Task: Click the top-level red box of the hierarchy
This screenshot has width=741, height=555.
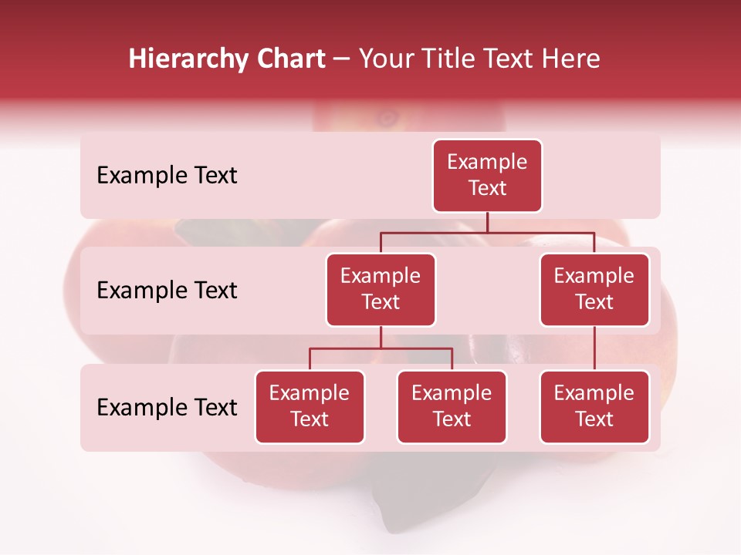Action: (x=487, y=176)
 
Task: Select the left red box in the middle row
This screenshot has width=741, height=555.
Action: (x=381, y=290)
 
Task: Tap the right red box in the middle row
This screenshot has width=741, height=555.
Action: (x=594, y=290)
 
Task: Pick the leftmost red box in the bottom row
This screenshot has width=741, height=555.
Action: (x=310, y=407)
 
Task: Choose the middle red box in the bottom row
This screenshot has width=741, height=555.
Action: (x=452, y=407)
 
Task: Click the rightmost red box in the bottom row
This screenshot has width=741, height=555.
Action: (x=594, y=407)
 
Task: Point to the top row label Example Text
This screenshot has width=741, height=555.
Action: (x=167, y=176)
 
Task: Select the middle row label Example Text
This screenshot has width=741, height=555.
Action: (x=167, y=291)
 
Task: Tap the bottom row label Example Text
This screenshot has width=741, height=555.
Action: (x=167, y=408)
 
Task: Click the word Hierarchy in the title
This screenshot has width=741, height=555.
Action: (x=188, y=59)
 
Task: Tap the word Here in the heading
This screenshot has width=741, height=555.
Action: (x=572, y=59)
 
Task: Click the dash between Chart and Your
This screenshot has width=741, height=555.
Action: (x=342, y=60)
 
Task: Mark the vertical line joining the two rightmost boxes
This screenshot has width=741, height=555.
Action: (x=594, y=348)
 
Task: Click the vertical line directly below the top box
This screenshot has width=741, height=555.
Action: (x=487, y=222)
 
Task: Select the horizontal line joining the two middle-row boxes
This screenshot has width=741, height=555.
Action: (x=487, y=232)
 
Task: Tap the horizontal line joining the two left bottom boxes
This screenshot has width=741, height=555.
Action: (x=381, y=348)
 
